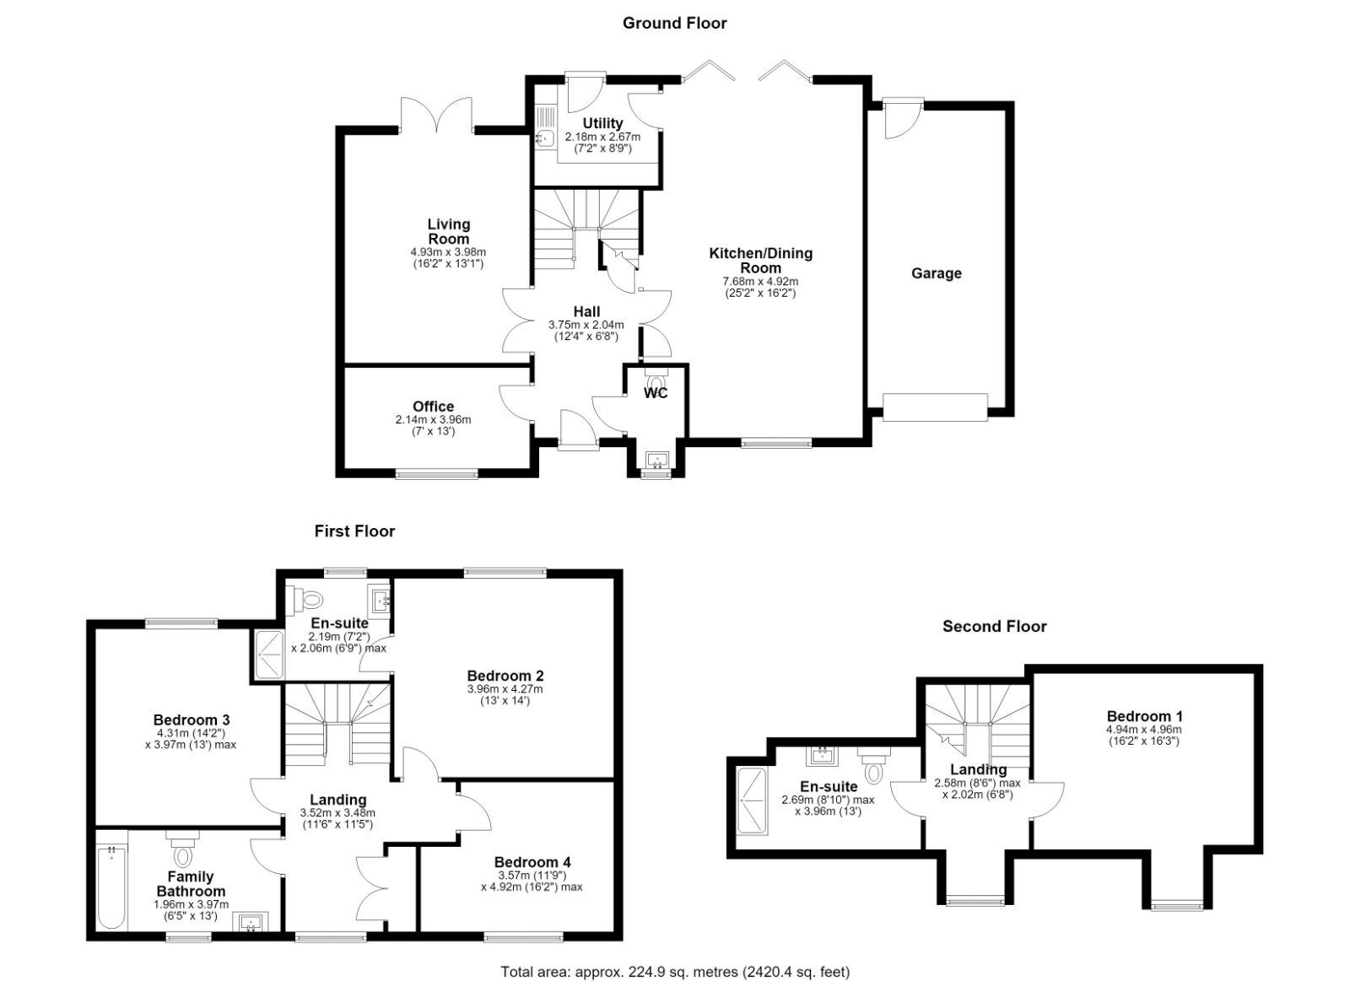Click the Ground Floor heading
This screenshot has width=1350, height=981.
pos(674,24)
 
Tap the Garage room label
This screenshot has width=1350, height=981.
pos(936,273)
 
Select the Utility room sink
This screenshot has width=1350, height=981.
pos(545,138)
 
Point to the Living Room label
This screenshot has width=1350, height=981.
pos(448,231)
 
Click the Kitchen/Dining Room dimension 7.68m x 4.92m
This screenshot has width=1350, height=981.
pos(760,282)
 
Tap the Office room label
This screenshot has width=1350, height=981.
pos(434,406)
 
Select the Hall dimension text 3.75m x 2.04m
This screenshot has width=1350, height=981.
pos(586,325)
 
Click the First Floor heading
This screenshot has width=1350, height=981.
pos(354,531)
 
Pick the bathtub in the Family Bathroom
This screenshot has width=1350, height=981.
pos(111,887)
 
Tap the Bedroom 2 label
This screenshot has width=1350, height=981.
pos(505,676)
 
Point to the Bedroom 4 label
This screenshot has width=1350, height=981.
pos(532,862)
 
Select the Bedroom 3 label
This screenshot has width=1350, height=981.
pos(191,720)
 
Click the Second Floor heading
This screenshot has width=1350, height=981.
pos(995,627)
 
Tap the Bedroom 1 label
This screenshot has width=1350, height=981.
pos(1144,716)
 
